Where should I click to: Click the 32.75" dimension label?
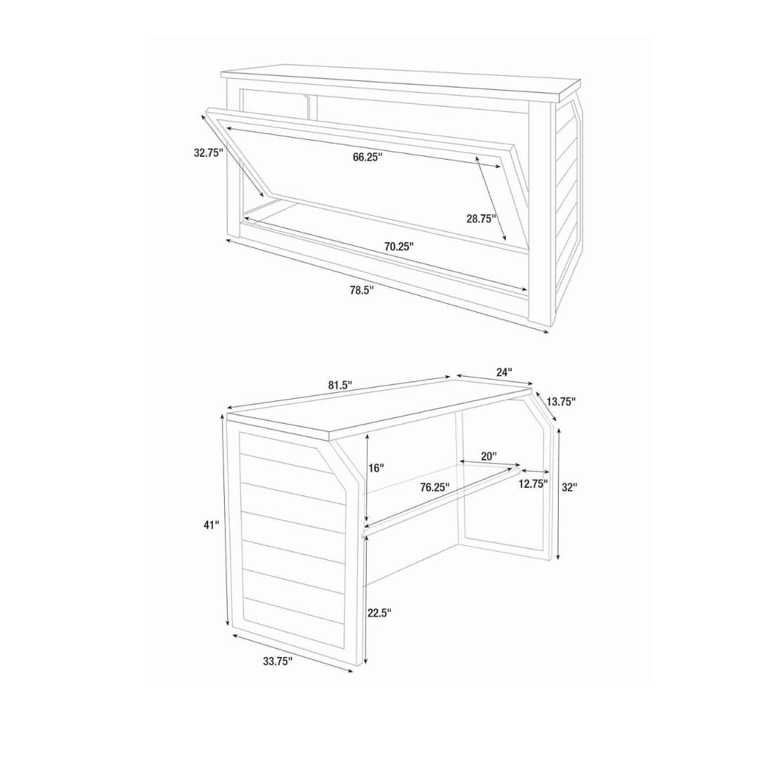(208, 153)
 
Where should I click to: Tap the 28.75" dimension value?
(481, 219)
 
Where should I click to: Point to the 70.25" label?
(399, 247)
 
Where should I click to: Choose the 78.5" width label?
(362, 290)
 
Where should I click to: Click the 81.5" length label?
(340, 385)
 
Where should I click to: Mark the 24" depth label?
(504, 372)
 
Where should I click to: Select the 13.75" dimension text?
(561, 401)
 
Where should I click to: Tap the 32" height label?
(570, 488)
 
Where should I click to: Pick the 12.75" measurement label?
(533, 484)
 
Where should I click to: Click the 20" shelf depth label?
(489, 456)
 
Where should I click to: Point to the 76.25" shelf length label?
(435, 488)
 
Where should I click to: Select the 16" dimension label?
(376, 468)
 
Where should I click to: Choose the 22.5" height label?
(379, 613)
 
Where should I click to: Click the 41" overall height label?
(212, 525)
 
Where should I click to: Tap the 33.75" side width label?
(278, 661)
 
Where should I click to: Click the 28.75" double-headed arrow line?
(491, 198)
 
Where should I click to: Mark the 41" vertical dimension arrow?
(226, 524)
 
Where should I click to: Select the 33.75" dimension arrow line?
(293, 653)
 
